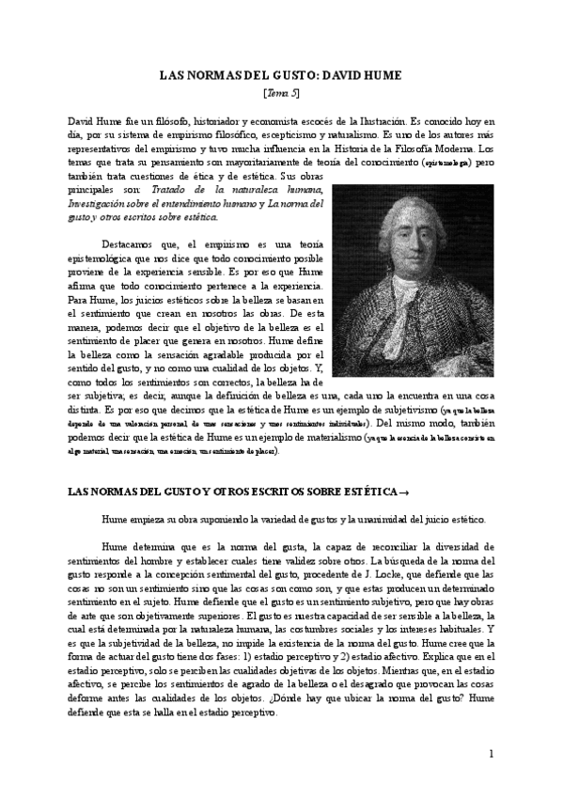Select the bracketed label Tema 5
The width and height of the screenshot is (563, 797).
(281, 94)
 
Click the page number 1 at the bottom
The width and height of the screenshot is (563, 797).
(492, 755)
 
